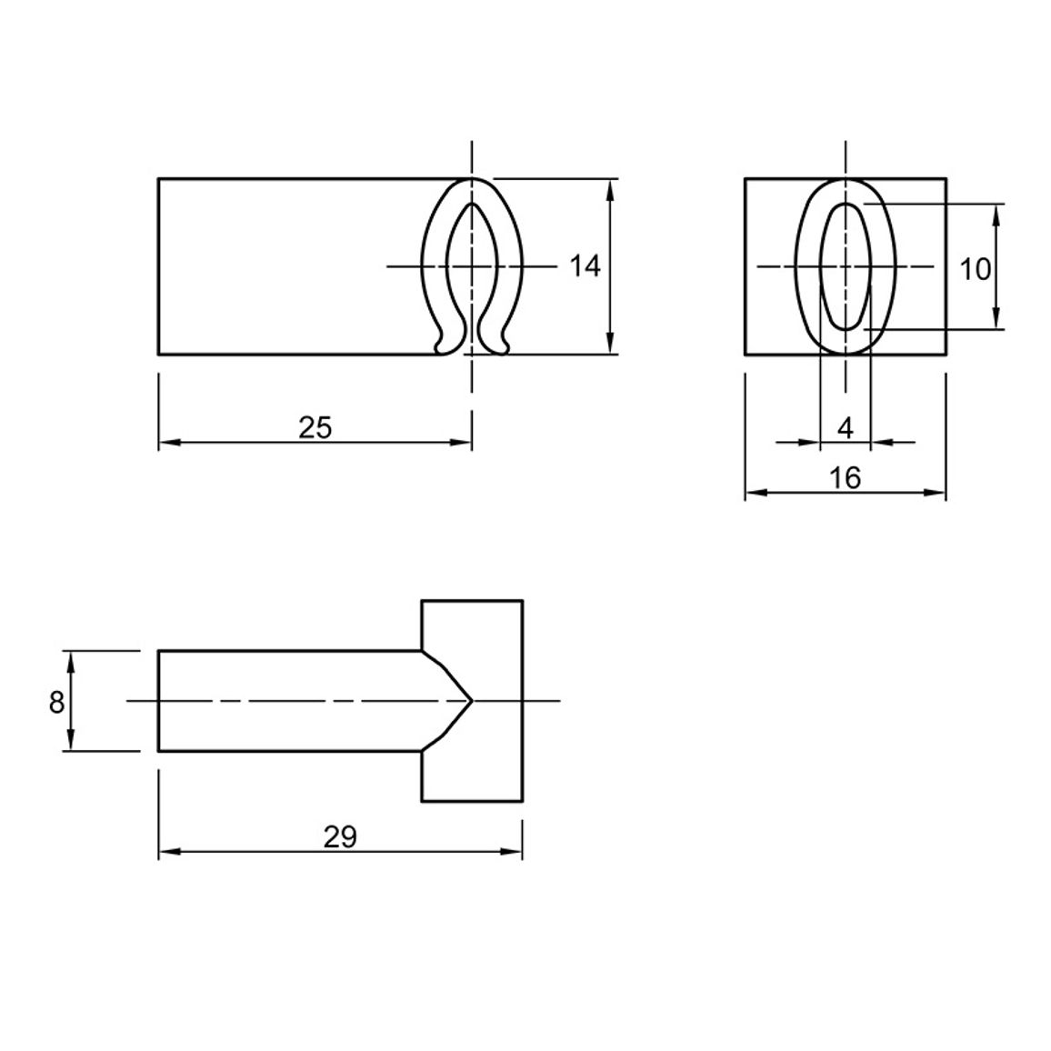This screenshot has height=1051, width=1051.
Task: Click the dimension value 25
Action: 315,427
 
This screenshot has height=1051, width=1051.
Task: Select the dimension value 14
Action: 586,266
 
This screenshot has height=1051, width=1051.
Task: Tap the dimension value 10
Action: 976,269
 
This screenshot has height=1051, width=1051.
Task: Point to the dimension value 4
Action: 846,427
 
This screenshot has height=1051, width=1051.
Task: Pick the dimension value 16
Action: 845,478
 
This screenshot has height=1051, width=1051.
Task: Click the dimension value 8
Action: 56,703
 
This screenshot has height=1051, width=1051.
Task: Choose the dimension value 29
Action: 340,837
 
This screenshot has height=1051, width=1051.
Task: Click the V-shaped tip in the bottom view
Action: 472,701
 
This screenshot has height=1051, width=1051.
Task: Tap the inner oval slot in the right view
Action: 846,266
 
